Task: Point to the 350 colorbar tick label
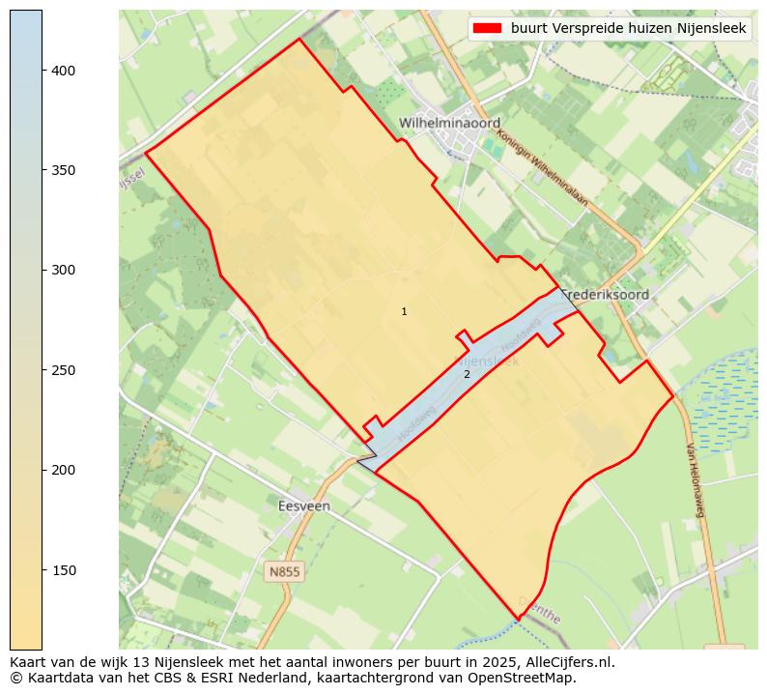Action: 63,170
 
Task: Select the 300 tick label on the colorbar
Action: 63,271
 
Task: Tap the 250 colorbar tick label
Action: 63,370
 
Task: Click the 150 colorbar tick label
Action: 63,570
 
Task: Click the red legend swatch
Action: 488,29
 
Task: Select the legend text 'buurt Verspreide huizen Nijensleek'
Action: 629,29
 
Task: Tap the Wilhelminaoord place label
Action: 450,124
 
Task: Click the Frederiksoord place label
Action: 605,294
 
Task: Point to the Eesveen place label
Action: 303,506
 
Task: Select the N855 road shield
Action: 284,571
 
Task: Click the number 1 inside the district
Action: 404,311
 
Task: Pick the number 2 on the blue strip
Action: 467,374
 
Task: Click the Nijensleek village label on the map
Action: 487,362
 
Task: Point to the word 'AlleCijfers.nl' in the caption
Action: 565,663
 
